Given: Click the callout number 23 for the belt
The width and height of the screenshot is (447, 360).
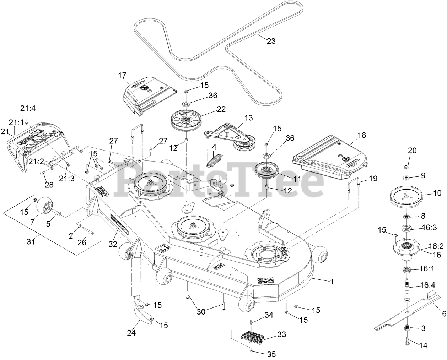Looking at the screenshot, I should [271, 41].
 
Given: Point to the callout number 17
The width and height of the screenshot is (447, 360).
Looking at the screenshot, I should [122, 75].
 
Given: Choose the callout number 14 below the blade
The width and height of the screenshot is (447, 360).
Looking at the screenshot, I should [423, 345].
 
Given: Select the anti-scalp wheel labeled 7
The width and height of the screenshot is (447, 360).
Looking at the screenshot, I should [44, 206].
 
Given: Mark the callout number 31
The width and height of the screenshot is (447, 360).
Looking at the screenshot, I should [31, 241].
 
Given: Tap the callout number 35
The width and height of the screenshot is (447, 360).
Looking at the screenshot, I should [271, 354].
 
